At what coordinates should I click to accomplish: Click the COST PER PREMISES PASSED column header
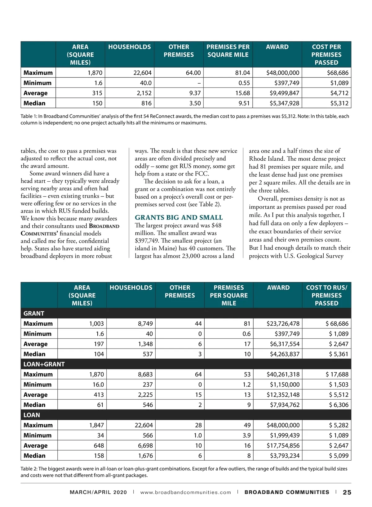(326, 54)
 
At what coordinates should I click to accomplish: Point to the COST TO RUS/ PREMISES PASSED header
(326, 295)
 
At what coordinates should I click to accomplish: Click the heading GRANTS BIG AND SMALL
(179, 217)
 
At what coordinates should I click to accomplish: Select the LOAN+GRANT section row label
(44, 364)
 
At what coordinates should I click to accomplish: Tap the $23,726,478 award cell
(283, 324)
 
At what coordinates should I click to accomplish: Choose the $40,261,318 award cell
(283, 375)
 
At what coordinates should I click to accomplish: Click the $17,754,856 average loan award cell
(283, 446)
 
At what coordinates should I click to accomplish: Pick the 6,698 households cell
(144, 446)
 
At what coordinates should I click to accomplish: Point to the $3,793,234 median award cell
(285, 456)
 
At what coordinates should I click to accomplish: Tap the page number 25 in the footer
(347, 492)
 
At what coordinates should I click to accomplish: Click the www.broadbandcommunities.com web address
(186, 492)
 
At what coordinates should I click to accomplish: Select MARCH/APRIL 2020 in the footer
(98, 492)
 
